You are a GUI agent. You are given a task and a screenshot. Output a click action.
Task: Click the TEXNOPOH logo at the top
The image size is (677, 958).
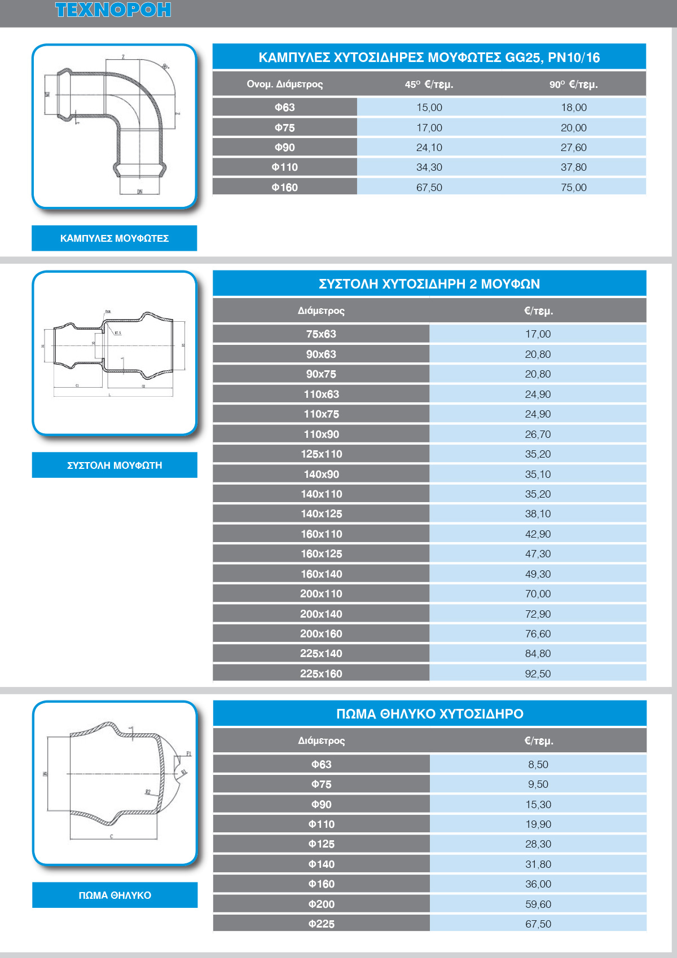pos(113,10)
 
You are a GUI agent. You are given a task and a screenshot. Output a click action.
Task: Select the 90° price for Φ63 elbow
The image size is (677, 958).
pos(573,107)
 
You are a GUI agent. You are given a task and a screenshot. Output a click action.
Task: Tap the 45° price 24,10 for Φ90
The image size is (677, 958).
pos(429,147)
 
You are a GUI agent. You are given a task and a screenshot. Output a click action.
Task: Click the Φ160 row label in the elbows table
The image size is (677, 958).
pos(284,187)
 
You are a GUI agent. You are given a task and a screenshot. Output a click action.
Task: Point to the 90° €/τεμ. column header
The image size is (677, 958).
pos(573,84)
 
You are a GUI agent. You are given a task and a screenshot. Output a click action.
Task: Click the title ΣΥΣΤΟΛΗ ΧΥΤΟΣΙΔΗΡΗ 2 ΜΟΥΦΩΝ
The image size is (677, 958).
pos(429,283)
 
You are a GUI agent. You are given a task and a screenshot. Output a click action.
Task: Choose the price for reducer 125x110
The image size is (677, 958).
pos(538,454)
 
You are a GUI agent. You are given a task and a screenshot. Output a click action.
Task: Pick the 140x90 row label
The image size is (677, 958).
pos(321,474)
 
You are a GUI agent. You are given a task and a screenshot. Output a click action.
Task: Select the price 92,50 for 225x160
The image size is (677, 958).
pos(538,673)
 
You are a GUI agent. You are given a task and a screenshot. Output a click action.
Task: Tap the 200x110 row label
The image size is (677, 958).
pos(321,593)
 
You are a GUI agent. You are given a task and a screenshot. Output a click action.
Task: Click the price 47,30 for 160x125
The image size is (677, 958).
pos(538,553)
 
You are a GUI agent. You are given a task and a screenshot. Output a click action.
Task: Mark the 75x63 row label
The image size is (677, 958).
pos(321,334)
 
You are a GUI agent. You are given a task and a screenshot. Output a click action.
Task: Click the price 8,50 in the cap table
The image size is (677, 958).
pos(538,764)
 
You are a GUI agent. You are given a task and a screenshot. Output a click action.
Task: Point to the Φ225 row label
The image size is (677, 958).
pos(321,924)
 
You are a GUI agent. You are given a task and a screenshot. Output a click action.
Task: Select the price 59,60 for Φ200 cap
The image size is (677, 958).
pos(538,904)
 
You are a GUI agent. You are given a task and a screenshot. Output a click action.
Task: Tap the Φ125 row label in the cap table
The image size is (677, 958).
pos(321,844)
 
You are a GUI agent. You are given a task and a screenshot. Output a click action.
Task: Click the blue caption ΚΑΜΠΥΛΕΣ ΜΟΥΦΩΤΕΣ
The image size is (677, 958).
pos(114,238)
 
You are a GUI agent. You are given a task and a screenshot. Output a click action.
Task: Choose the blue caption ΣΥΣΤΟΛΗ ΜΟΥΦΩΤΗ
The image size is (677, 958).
pos(115,465)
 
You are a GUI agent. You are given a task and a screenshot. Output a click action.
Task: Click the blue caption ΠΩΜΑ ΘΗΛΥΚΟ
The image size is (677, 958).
pos(115,895)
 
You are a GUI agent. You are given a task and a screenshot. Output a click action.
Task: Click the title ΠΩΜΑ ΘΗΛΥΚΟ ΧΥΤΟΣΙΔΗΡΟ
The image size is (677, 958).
pos(429,713)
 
